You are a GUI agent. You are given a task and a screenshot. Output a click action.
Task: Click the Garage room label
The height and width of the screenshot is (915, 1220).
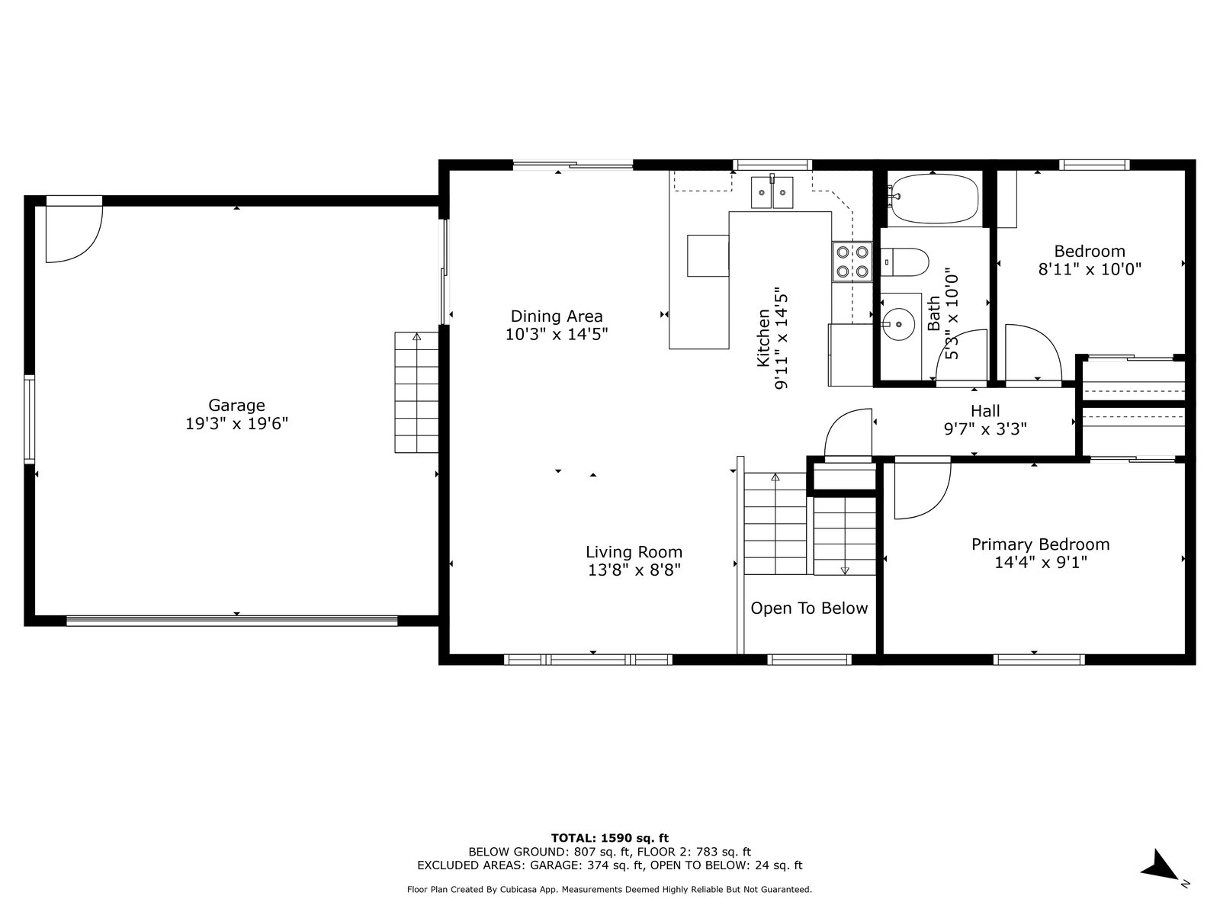236,405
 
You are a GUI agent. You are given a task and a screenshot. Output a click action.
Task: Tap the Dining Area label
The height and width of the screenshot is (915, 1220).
557,316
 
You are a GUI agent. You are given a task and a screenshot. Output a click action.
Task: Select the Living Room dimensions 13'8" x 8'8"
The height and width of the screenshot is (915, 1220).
634,570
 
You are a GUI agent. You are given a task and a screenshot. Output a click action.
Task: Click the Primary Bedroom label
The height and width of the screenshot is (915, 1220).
1041,544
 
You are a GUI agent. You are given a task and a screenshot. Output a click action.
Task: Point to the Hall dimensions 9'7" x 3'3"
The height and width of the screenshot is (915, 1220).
985,429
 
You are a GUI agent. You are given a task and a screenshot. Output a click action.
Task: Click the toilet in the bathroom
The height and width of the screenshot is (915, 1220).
904,262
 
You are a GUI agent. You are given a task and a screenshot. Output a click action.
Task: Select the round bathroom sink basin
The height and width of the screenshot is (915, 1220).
898,324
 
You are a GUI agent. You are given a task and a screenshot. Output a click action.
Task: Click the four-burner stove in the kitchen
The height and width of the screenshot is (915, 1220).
852,262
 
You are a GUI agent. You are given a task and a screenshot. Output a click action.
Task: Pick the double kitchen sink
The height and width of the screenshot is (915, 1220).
772,192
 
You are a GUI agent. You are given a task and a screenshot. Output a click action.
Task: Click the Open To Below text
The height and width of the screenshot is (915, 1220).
809,608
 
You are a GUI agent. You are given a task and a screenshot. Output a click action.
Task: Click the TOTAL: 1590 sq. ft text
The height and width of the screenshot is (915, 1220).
610,838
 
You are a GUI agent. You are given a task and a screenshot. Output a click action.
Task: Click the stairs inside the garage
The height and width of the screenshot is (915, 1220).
416,392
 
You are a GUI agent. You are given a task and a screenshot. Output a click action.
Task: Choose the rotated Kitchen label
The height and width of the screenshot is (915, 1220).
764,338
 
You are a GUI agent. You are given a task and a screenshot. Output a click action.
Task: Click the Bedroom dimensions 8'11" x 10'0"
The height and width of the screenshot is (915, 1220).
1090,269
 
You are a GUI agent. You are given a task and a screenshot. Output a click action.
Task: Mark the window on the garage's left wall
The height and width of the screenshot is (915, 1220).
30,419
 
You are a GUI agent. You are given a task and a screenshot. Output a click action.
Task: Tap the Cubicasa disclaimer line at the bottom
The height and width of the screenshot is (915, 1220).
610,889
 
